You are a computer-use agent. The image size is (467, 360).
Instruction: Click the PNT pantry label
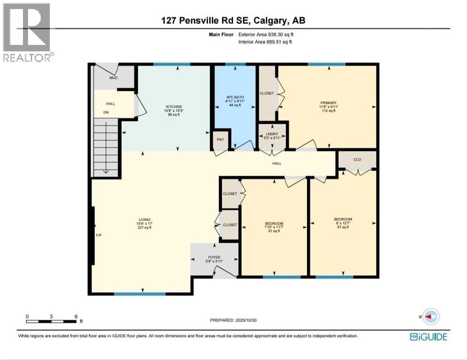(x=219, y=139)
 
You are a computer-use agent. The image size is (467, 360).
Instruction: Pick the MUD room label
(x=113, y=78)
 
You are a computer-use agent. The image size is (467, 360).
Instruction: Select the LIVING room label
(x=143, y=219)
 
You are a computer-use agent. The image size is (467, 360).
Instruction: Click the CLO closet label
(x=357, y=159)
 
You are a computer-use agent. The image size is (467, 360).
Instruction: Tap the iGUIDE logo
(x=428, y=337)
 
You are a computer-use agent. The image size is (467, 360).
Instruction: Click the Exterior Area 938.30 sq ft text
(x=266, y=34)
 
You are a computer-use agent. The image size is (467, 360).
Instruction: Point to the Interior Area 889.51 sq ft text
(x=266, y=42)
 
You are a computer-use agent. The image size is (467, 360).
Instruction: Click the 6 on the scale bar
(x=75, y=316)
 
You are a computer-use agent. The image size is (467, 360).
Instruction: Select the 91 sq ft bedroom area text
(x=273, y=231)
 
